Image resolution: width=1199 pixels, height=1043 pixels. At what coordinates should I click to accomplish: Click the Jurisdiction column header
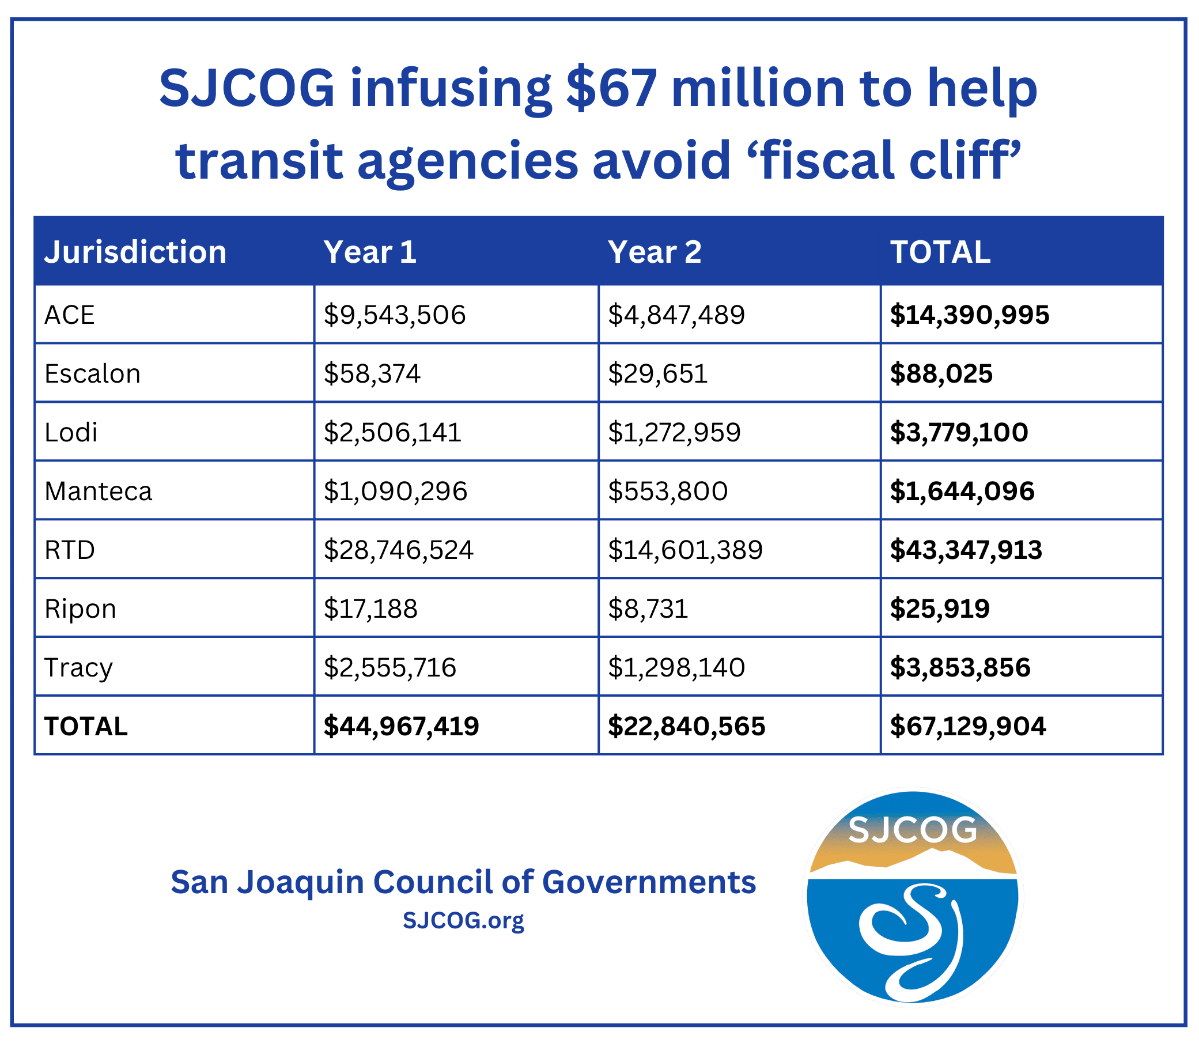135,252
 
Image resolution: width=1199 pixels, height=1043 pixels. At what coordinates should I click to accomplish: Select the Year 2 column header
654,252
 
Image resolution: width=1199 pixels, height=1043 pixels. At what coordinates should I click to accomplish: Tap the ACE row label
69,315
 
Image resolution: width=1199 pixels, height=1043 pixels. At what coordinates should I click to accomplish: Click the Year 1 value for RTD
398,549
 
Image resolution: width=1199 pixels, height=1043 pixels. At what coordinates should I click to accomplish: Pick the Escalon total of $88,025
940,373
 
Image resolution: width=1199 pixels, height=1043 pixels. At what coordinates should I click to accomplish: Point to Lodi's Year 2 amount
674,432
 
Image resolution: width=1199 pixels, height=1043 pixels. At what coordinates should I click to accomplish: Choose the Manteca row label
98,491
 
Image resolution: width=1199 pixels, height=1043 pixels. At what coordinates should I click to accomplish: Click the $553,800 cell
668,491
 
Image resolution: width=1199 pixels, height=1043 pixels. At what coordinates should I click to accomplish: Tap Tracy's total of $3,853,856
960,667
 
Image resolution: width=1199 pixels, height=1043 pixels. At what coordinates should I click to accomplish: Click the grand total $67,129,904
967,727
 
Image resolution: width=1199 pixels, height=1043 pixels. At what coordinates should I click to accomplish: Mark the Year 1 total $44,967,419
401,727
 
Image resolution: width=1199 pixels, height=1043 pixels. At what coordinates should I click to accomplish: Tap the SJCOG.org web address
463,920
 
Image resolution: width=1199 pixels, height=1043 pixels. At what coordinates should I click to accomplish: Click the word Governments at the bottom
648,882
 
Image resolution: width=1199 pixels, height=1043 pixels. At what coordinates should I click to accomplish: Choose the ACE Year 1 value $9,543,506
395,315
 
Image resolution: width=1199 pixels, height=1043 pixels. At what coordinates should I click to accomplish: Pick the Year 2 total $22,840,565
686,727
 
